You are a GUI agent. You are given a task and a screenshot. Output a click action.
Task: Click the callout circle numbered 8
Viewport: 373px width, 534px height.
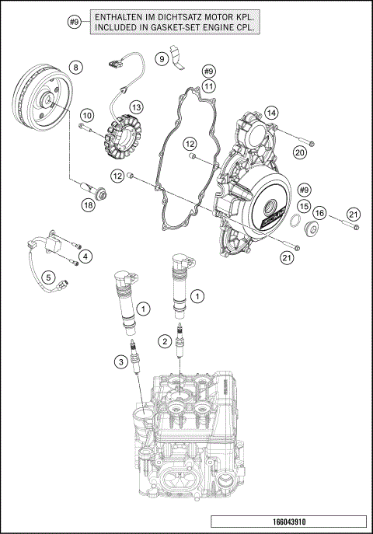(75, 68)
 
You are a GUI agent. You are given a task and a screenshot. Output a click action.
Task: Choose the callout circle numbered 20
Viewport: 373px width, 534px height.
(298, 153)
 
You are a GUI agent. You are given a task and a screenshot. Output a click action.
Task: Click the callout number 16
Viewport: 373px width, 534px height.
(319, 212)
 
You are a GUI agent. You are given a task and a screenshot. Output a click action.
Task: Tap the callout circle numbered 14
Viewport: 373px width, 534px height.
(270, 113)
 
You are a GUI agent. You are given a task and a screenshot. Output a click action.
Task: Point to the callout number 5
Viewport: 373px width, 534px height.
(47, 276)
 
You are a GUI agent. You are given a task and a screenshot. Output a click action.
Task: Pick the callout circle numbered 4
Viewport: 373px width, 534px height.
(86, 256)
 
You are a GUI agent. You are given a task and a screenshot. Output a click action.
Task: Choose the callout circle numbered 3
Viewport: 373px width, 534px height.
(120, 360)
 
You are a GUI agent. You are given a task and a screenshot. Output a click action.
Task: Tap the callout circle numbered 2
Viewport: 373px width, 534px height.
(164, 340)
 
